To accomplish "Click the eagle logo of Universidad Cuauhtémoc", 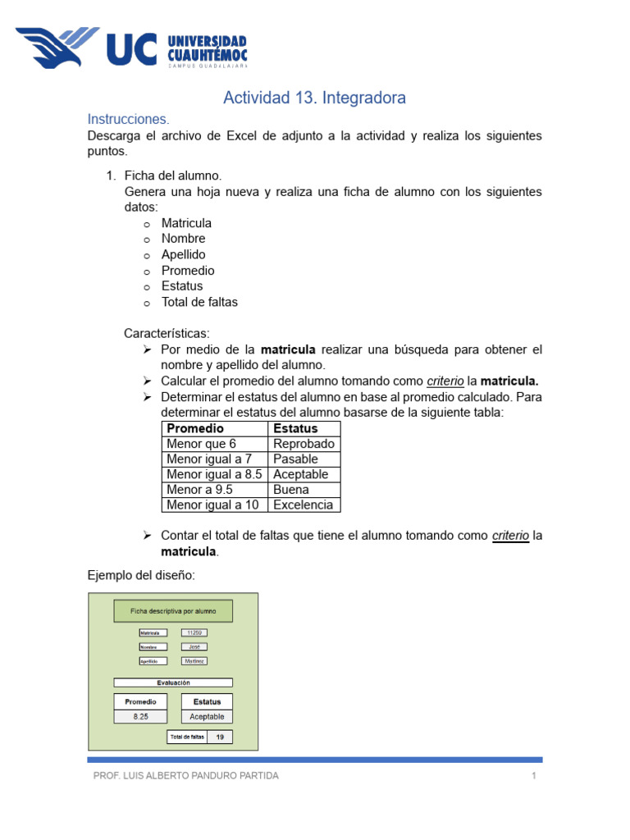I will [57, 48].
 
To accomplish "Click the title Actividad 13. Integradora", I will [314, 98].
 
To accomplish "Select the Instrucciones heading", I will [128, 120].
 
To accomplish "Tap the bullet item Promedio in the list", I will [188, 271].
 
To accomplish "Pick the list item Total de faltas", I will [199, 302].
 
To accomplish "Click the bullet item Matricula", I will [186, 223].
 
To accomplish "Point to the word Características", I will [167, 334].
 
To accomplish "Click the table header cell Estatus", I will [295, 429].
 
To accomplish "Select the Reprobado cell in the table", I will [304, 444].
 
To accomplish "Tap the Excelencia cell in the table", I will [303, 505].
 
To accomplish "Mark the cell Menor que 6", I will [201, 444].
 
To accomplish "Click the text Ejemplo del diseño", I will [141, 576].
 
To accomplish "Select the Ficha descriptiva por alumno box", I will [173, 611].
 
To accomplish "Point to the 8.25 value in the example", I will [140, 717].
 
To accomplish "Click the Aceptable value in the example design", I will [207, 717].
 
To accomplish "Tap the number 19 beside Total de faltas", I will [220, 737].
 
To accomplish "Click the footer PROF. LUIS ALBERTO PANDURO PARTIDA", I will [186, 776].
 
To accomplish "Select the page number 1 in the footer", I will [534, 776].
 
